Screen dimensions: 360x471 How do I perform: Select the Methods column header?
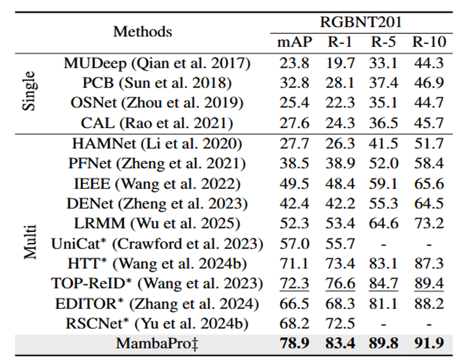(142, 32)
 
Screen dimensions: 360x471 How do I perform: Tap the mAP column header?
(295, 42)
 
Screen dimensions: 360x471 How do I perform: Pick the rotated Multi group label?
(29, 240)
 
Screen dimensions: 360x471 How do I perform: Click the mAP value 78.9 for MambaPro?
(294, 344)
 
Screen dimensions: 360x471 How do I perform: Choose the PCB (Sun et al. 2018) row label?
(157, 83)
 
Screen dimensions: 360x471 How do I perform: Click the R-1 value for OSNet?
(340, 103)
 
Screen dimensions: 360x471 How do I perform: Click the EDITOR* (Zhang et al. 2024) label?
(157, 303)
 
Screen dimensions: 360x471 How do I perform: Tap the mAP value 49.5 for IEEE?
(294, 184)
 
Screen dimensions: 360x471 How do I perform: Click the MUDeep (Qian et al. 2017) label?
(157, 63)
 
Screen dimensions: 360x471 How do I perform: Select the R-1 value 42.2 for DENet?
(340, 204)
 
